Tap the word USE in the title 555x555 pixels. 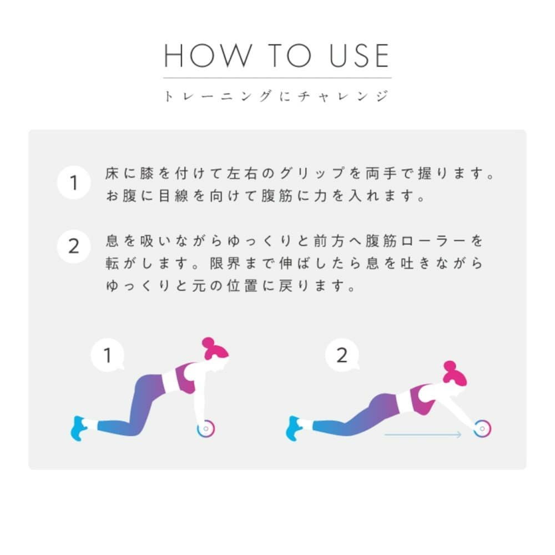click(x=359, y=56)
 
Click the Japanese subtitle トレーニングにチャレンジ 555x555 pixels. click(x=276, y=95)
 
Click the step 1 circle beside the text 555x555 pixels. click(x=74, y=183)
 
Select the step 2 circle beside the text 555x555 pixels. click(x=74, y=246)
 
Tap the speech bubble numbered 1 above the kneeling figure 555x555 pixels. click(x=108, y=355)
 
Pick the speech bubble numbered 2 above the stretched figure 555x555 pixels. click(x=341, y=355)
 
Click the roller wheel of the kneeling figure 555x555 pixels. click(x=206, y=428)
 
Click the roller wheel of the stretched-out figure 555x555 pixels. click(x=482, y=428)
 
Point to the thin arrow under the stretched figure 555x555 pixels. click(x=423, y=435)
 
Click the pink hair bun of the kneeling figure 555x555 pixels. click(x=208, y=342)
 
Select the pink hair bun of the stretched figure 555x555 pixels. click(x=450, y=366)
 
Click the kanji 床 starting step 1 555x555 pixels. click(x=112, y=173)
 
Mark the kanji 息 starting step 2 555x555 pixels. click(x=112, y=241)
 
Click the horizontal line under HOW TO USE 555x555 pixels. click(x=277, y=78)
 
